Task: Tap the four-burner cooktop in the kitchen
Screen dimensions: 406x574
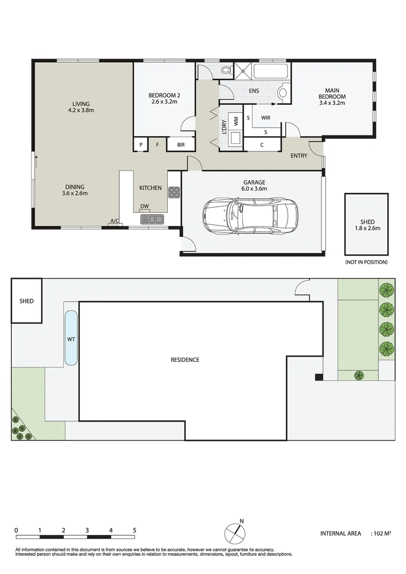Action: tap(174, 192)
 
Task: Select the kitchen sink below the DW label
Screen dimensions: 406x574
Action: tap(152, 220)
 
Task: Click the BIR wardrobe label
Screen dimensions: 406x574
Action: tap(181, 145)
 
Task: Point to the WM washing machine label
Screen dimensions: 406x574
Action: tap(236, 121)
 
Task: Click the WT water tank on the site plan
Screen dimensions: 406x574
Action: tap(71, 338)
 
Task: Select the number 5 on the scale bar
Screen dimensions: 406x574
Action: tap(135, 530)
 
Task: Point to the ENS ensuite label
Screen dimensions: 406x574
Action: tap(254, 91)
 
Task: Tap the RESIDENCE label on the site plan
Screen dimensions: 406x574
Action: tap(185, 360)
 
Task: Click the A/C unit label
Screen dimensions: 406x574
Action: tap(115, 221)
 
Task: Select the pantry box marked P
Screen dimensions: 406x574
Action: tap(141, 145)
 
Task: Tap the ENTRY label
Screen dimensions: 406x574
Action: tap(299, 156)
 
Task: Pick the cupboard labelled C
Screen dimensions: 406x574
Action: tap(262, 145)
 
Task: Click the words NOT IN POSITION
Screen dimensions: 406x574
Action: tap(367, 262)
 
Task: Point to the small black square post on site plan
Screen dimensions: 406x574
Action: tap(318, 377)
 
